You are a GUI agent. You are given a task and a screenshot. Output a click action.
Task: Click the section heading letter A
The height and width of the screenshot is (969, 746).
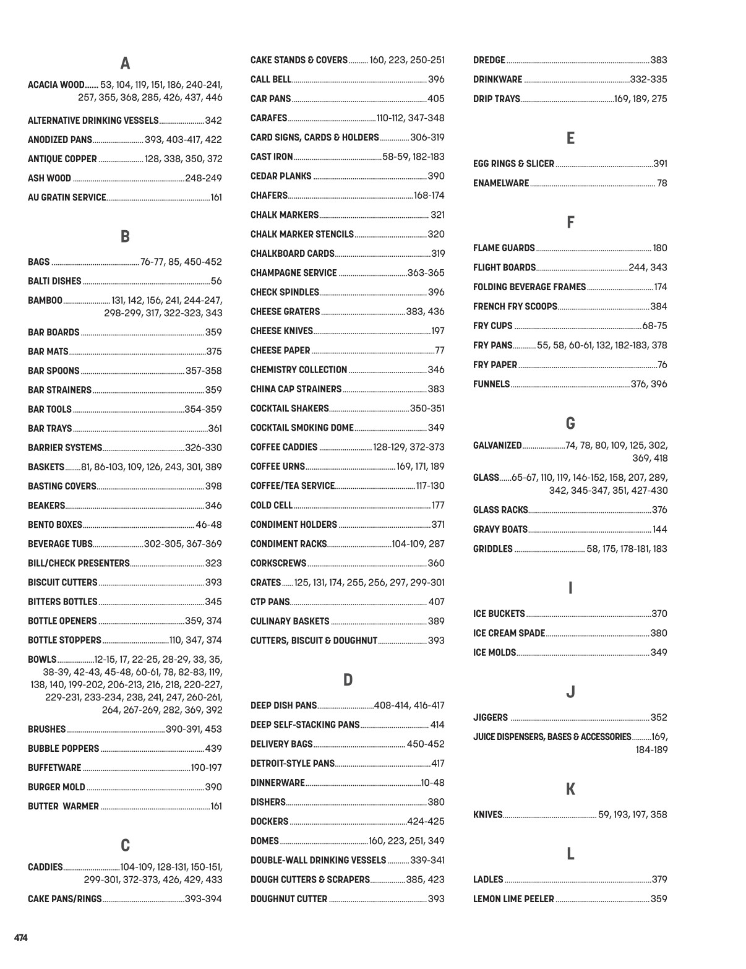125,64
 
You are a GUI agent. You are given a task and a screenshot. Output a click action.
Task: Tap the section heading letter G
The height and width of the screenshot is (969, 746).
570,424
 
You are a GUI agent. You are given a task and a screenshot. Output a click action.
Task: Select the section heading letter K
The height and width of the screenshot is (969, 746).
570,790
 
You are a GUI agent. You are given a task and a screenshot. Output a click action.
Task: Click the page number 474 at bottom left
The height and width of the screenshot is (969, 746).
21,938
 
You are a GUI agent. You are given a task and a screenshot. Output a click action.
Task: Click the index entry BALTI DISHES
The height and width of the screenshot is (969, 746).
54,282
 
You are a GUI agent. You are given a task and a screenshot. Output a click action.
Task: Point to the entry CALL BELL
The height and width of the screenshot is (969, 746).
270,79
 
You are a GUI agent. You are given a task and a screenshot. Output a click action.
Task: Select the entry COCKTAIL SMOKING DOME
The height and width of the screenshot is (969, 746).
302,428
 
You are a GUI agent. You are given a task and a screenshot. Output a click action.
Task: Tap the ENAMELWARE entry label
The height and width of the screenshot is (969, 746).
501,183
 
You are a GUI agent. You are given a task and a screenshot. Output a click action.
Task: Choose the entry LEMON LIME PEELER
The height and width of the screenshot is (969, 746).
513,899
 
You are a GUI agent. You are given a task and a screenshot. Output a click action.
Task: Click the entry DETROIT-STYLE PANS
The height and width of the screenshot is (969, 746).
292,764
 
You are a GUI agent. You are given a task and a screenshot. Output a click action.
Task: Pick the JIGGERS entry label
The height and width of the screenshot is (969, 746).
491,718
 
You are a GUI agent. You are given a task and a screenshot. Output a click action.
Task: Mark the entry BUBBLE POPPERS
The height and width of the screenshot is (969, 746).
63,749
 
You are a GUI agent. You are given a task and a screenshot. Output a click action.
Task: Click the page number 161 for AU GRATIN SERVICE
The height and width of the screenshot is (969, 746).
216,198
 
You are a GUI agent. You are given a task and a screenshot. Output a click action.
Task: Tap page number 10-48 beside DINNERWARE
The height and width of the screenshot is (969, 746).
432,783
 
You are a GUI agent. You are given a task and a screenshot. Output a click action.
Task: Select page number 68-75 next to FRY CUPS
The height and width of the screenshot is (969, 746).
654,326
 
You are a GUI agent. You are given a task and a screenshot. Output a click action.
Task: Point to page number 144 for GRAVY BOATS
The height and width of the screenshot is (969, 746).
659,530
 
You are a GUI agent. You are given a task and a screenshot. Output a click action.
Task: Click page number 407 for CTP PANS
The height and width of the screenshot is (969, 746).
436,602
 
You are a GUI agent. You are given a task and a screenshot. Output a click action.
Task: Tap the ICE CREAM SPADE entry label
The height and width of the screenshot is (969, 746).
509,633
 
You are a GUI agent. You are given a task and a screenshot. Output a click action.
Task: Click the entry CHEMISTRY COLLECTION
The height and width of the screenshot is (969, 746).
299,370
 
